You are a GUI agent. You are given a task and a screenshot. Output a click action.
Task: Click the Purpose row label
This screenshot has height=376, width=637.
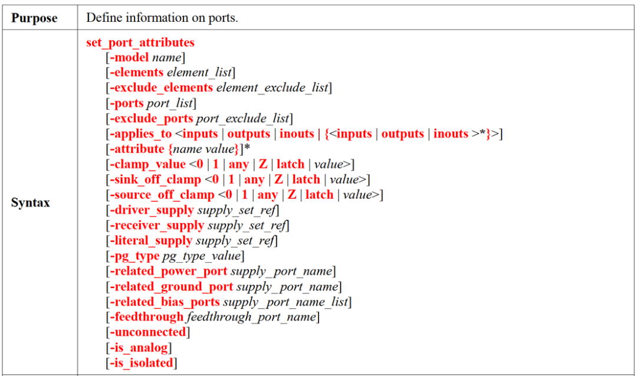[x=35, y=18]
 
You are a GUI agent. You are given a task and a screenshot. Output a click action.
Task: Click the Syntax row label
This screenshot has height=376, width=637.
[x=31, y=202]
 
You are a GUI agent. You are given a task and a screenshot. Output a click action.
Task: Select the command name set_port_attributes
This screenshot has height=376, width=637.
[x=140, y=42]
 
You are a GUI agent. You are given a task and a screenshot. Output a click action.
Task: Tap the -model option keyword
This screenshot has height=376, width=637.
[x=129, y=57]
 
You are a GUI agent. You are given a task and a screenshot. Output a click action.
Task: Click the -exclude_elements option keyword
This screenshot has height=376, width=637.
[x=161, y=88]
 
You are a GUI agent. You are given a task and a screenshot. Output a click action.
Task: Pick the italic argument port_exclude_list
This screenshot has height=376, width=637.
[x=242, y=119]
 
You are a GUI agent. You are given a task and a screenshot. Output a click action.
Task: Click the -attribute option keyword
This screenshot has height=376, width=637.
[x=137, y=149]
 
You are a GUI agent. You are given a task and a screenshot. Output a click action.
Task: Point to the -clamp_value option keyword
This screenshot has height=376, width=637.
[x=147, y=164]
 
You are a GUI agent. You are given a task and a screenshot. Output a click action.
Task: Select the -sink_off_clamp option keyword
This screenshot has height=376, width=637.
[x=155, y=179]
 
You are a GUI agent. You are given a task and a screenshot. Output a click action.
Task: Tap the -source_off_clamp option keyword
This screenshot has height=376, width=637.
[x=162, y=195]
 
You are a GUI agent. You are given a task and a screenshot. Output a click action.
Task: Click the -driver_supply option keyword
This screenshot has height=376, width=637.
[x=152, y=210]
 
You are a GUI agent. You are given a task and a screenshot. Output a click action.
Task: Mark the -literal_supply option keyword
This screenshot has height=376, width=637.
[x=151, y=241]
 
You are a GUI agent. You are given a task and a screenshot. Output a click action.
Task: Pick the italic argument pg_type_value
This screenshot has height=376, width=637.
[x=202, y=256]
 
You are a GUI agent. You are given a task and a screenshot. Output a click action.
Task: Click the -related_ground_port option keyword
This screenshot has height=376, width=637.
[x=171, y=287]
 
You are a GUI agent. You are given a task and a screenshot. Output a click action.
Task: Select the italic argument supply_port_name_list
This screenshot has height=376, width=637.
[x=285, y=302]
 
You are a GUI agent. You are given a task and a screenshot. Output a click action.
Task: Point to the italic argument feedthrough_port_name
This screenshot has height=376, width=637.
[x=251, y=317]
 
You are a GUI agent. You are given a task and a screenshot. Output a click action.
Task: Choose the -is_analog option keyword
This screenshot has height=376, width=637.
[x=139, y=348]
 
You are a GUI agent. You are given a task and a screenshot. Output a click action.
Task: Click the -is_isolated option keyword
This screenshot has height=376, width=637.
[x=142, y=363]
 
